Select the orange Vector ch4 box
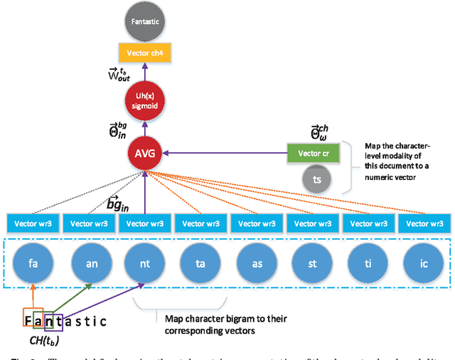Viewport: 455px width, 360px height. point(145,54)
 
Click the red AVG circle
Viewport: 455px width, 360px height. point(145,152)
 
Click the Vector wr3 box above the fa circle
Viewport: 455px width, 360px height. point(33,223)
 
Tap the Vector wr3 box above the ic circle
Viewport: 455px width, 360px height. point(424,223)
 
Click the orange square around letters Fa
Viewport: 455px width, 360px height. point(33,320)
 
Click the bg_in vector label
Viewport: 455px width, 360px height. point(117,205)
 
